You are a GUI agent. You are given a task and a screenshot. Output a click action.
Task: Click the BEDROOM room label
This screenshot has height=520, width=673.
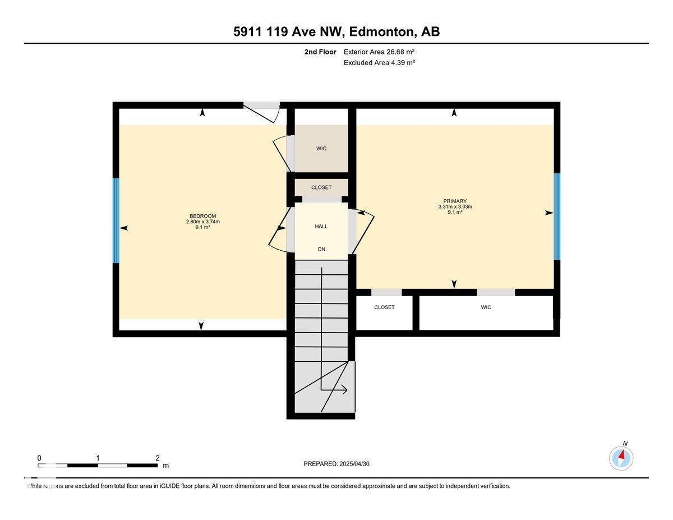(202, 216)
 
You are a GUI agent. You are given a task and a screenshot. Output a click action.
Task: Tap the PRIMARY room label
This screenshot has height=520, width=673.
(455, 201)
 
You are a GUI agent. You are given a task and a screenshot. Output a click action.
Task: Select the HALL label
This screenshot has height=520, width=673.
(321, 226)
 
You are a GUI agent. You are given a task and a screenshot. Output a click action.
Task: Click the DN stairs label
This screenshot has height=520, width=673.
(321, 249)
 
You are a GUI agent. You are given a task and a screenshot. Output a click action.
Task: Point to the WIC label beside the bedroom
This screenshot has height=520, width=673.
(321, 149)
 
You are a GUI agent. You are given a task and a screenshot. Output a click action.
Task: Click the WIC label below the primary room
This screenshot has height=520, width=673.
(486, 307)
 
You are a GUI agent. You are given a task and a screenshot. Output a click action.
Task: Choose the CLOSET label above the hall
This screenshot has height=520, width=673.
(321, 187)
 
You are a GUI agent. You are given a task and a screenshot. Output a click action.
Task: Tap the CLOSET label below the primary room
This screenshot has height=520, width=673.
(384, 307)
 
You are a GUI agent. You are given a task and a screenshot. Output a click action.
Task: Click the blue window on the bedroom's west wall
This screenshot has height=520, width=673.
(116, 220)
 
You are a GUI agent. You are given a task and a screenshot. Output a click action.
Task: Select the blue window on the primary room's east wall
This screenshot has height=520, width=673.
(557, 217)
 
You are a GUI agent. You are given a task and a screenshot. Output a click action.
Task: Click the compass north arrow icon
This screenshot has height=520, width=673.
(621, 458)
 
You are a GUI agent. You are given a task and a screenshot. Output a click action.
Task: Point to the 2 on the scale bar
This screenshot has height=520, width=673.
(158, 458)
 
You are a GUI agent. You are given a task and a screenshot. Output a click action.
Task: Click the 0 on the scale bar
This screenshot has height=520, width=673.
(39, 458)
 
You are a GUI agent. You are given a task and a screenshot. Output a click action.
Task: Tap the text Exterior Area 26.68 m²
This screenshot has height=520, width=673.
(379, 52)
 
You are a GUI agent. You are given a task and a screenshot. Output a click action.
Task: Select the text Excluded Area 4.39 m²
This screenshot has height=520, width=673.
(379, 62)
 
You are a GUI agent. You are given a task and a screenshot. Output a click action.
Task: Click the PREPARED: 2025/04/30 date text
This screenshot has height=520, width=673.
(336, 464)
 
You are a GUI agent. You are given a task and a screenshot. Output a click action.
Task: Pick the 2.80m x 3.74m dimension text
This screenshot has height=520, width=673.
(202, 222)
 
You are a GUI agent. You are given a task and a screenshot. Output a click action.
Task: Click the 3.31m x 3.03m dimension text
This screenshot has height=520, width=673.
(455, 206)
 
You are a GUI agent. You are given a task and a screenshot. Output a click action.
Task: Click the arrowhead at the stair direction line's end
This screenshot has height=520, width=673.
(344, 390)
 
